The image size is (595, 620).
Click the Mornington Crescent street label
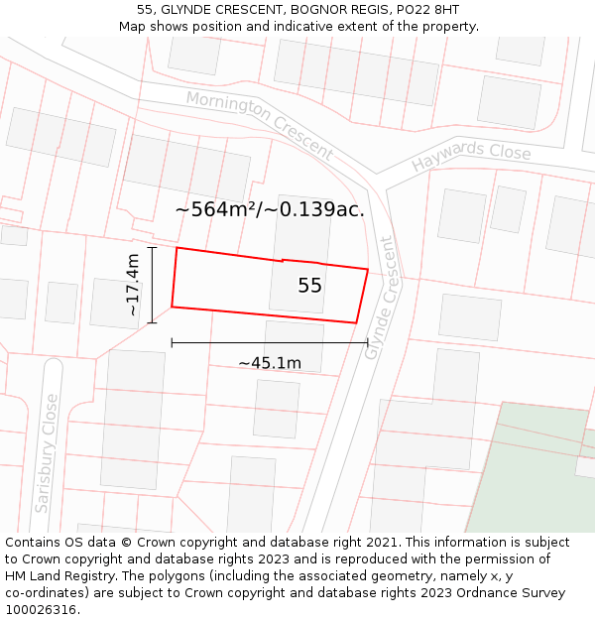[x=260, y=125]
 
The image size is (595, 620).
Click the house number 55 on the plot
[x=309, y=286]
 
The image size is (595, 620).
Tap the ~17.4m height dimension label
[x=133, y=285]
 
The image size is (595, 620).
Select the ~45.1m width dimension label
[x=270, y=363]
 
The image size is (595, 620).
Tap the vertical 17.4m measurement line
[x=152, y=285]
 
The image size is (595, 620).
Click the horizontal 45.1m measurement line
[x=270, y=343]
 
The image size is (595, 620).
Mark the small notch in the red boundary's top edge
[x=283, y=260]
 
